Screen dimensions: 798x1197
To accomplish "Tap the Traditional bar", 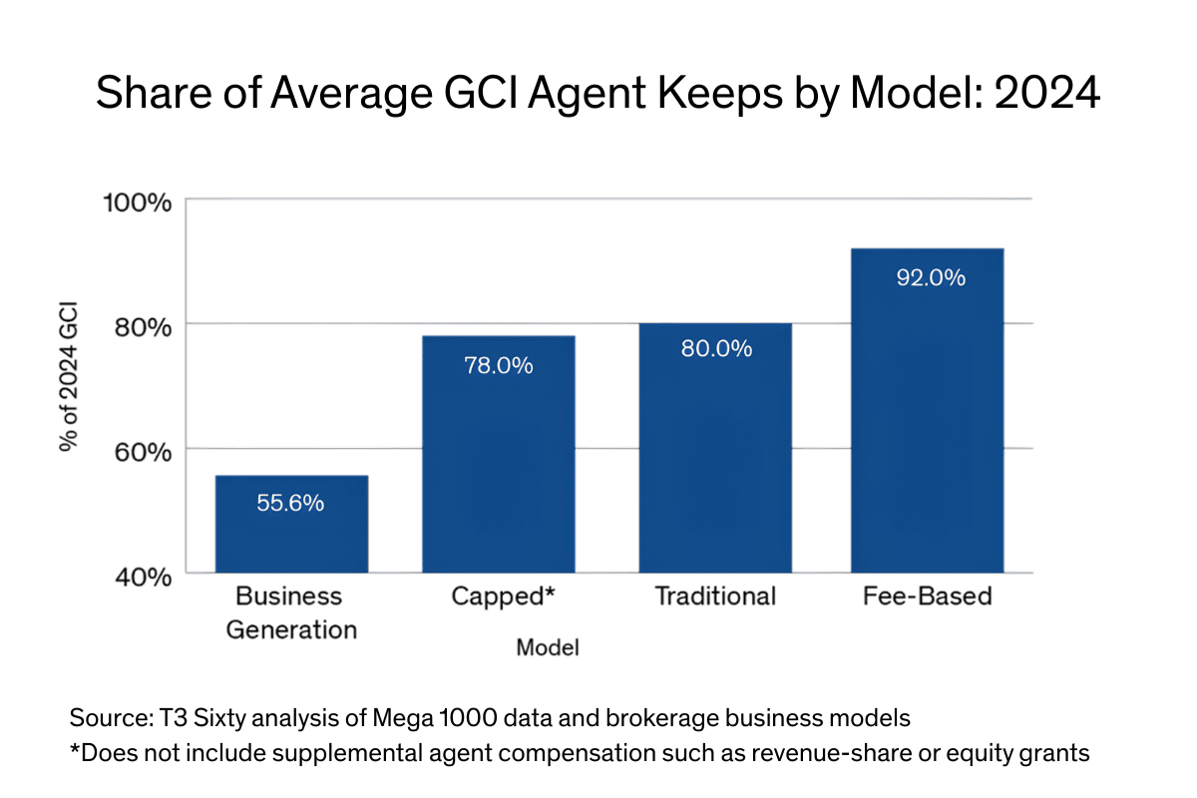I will click(x=715, y=448).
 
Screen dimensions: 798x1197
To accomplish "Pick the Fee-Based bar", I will click(x=927, y=410).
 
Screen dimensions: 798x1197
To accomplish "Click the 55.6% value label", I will click(x=290, y=504).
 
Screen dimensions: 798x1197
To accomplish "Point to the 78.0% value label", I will click(x=499, y=366).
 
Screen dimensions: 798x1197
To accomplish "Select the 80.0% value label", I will click(x=715, y=350).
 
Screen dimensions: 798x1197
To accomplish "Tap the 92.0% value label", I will click(x=930, y=278).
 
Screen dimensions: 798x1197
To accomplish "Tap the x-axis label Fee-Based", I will click(x=928, y=598).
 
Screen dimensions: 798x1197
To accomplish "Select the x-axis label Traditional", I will click(x=715, y=598).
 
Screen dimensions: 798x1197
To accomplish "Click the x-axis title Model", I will click(x=548, y=648).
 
